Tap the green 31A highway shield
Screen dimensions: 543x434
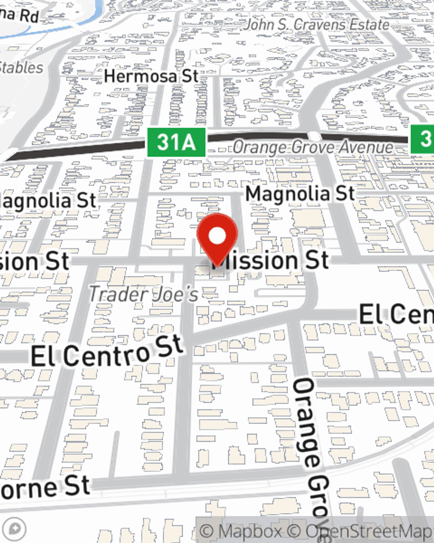[176, 142]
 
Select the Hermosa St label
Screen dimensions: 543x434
[151, 76]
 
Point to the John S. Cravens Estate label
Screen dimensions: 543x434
[316, 25]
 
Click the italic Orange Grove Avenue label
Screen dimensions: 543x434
[312, 147]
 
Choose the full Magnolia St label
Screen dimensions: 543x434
[300, 194]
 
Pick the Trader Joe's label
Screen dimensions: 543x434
[144, 295]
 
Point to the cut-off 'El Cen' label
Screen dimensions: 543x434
[396, 314]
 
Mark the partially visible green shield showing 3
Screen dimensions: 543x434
[423, 139]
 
